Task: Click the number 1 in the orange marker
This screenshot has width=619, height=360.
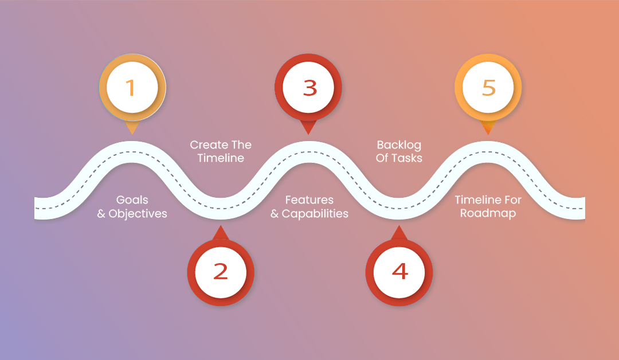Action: point(131,88)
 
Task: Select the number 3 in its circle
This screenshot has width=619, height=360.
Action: point(309,88)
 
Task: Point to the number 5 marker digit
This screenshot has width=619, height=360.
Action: point(488,88)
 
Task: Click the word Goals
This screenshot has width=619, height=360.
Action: point(132,200)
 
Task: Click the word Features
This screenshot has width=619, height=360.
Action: point(309,200)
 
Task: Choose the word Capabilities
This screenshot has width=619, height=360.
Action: point(315,214)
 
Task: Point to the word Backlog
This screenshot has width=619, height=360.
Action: point(399,144)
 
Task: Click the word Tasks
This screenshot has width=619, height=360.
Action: point(408,158)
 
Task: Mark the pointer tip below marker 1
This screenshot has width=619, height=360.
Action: point(131,134)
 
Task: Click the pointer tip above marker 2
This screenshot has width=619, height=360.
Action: point(221,228)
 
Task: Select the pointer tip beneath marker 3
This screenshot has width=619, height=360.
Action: point(309,134)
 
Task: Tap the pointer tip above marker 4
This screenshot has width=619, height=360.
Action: point(399,228)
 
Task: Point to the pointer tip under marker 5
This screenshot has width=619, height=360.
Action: point(488,134)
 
